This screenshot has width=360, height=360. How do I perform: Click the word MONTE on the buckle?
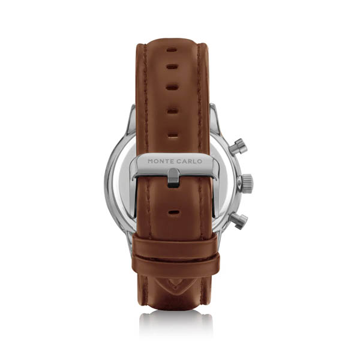pos(161,161)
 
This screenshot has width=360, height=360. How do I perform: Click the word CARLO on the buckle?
pos(190,161)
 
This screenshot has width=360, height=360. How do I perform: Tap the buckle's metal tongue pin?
pos(173,178)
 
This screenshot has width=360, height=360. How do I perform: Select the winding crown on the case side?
pos(245,184)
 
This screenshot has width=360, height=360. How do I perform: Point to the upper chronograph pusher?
pos(238,147)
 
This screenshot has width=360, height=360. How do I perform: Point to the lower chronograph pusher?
pos(239,221)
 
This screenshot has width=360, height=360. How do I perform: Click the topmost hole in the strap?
pos(172,50)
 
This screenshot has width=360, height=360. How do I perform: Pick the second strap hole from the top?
pos(172,67)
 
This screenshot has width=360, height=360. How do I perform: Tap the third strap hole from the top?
pos(172,88)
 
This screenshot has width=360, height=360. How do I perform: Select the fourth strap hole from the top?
pos(173,111)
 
